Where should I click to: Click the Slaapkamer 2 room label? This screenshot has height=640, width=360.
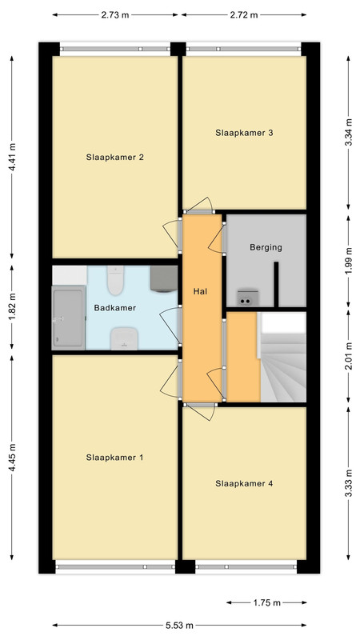coord(114,157)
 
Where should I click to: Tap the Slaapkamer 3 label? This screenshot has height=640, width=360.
coord(244,133)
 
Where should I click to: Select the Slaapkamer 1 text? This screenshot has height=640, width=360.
coord(114,458)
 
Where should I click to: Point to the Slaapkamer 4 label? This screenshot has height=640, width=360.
coord(244,484)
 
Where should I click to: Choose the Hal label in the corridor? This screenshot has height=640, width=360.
coord(201,291)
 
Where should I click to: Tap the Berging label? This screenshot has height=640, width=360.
coord(266,247)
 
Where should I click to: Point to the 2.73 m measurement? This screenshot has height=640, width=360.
coord(115,15)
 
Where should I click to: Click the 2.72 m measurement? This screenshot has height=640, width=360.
coord(244,15)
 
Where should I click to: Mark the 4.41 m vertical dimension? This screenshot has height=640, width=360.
coord(12,157)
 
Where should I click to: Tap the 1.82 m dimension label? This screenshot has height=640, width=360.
coord(12,307)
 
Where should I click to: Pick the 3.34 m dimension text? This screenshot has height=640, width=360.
coord(348,133)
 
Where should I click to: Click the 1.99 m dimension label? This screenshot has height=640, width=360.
coord(348,262)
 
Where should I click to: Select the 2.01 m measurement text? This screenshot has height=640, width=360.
coord(348,357)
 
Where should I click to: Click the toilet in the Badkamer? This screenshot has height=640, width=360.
coord(115,281)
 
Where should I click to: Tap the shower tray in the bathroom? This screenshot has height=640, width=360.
coord(68,318)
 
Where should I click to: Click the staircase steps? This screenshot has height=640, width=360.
coord(283,367)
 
